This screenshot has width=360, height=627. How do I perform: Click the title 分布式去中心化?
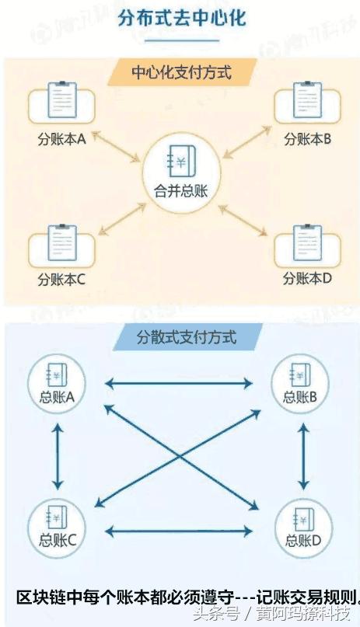182,19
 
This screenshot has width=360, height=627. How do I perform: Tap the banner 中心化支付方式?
182,72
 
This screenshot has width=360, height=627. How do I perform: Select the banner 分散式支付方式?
187,337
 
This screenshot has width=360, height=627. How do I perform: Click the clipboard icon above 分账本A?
62,99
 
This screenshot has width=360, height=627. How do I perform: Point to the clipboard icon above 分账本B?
307,99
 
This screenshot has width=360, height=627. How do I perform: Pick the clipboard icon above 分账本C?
62,243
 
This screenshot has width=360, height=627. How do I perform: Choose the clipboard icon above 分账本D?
307,243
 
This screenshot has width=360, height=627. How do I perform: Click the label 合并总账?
181,190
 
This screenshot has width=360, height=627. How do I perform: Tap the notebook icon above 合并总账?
181,161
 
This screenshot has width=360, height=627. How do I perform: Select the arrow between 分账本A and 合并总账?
117,147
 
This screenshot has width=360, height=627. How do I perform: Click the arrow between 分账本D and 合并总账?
243,220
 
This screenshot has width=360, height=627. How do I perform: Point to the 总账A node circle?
57,384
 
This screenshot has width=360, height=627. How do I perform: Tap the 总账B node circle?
300,384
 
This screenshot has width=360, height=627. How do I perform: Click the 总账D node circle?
303,528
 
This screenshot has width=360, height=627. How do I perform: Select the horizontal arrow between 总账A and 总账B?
179,384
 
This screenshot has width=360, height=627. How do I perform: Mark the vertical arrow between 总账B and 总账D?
304,457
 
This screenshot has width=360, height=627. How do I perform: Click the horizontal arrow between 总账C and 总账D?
179,531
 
